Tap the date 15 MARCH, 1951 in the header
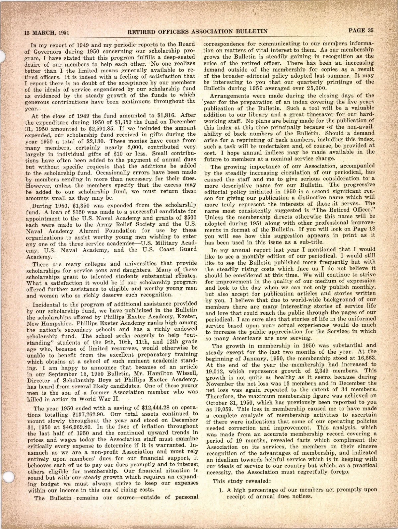[x=46, y=33]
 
